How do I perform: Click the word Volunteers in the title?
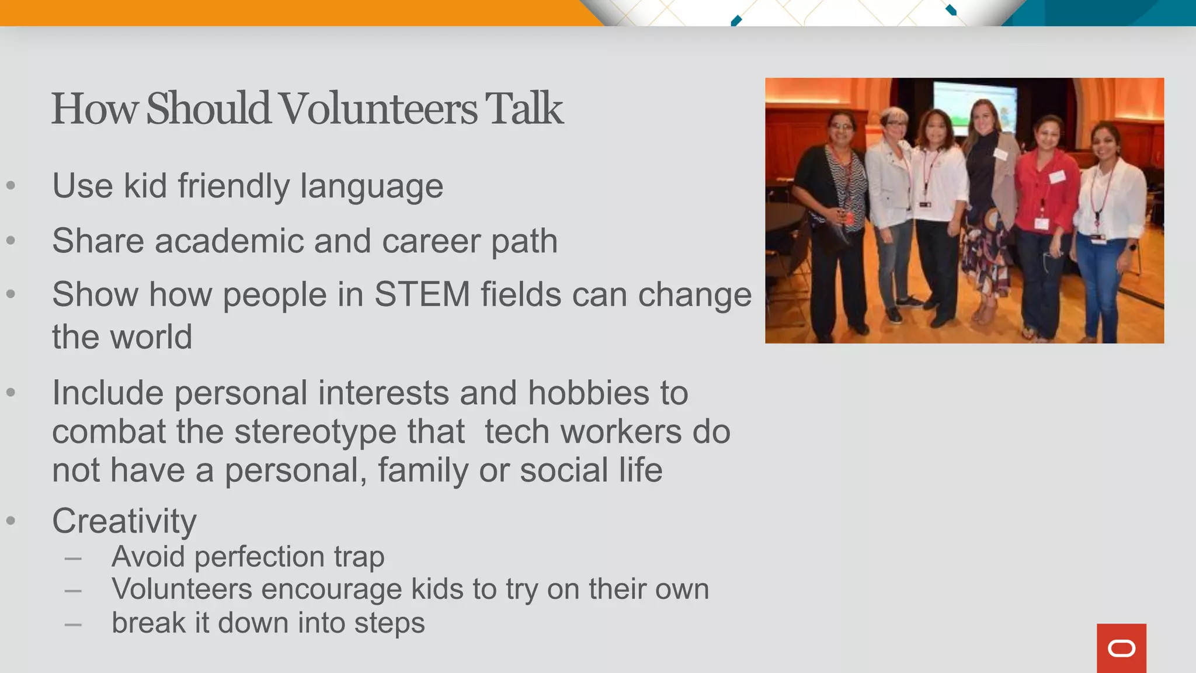377,109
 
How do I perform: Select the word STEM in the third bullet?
422,294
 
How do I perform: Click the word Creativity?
124,521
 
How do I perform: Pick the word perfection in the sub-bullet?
259,556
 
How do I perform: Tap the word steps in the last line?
389,623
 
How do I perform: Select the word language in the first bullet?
371,186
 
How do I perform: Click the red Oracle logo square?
1121,648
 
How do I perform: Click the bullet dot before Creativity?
11,521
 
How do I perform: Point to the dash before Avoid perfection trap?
73,558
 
